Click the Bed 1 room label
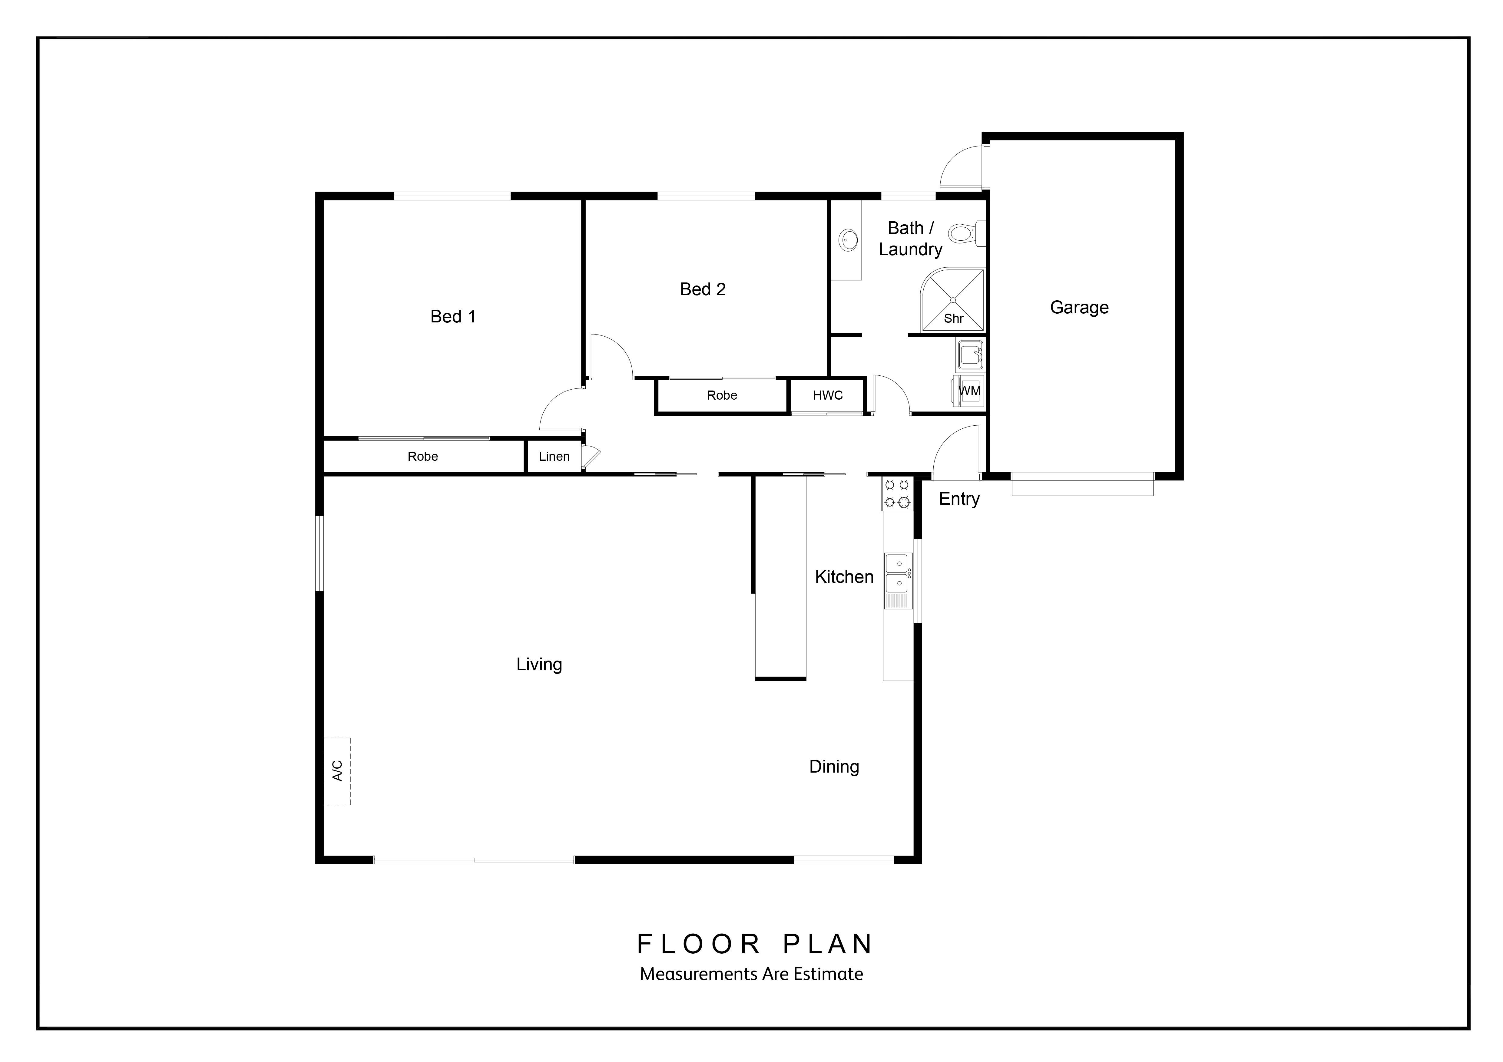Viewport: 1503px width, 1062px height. point(453,317)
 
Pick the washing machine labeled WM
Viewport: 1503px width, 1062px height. point(969,391)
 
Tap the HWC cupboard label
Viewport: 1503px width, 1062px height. point(827,395)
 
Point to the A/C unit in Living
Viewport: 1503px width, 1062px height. point(337,771)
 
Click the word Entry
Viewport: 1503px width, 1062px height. point(959,499)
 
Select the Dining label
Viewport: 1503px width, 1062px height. point(834,767)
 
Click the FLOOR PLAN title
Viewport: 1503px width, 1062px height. point(755,944)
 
